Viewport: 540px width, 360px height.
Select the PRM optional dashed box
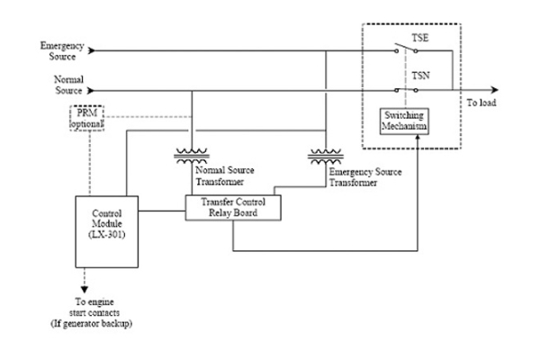[87, 117]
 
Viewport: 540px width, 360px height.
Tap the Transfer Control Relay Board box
[233, 207]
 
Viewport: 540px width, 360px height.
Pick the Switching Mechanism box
[402, 121]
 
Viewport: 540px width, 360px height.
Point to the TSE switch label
[419, 39]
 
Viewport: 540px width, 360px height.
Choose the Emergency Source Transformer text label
[364, 174]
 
